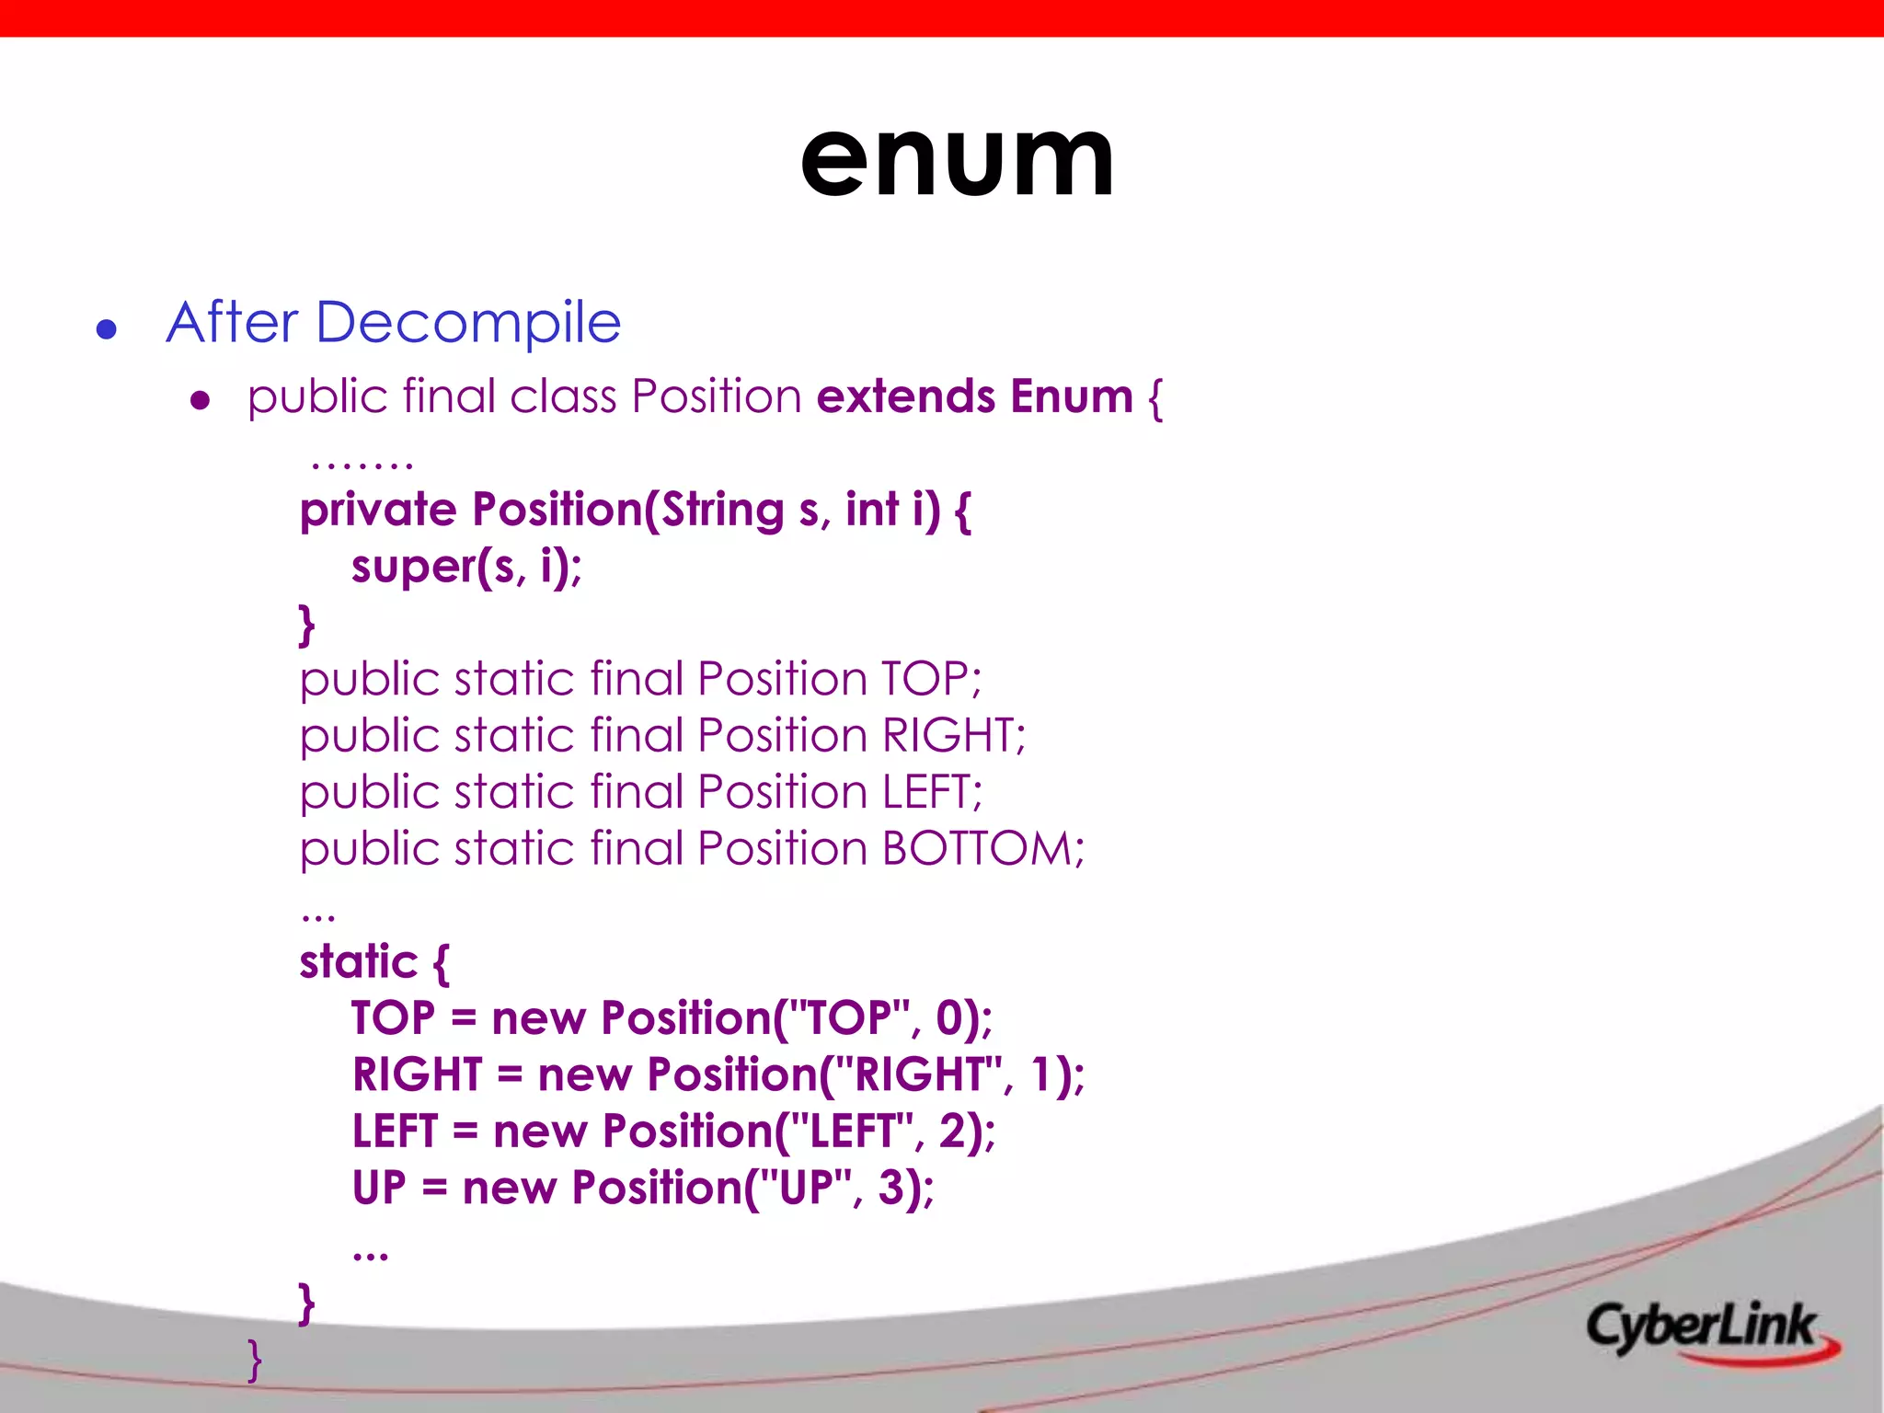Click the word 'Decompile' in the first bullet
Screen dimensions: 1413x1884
pyautogui.click(x=468, y=323)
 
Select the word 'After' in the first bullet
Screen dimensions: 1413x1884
pyautogui.click(x=233, y=323)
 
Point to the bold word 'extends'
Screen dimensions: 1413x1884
pyautogui.click(x=905, y=397)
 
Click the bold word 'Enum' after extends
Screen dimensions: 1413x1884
pyautogui.click(x=1071, y=397)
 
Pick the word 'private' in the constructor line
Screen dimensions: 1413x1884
pyautogui.click(x=378, y=511)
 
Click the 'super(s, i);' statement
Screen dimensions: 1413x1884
pyautogui.click(x=466, y=567)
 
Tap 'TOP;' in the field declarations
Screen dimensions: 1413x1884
pyautogui.click(x=931, y=680)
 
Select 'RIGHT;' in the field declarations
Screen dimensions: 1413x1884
pyautogui.click(x=953, y=736)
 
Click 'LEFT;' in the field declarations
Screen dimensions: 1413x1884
pyautogui.click(x=932, y=793)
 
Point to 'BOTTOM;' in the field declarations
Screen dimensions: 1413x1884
pyautogui.click(x=982, y=849)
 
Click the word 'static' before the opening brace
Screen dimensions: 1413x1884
pyautogui.click(x=359, y=962)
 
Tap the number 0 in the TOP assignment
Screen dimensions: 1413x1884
pyautogui.click(x=949, y=1018)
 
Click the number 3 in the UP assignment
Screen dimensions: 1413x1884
pyautogui.click(x=892, y=1188)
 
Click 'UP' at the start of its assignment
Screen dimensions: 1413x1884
pyautogui.click(x=379, y=1188)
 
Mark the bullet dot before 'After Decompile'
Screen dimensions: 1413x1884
pyautogui.click(x=107, y=329)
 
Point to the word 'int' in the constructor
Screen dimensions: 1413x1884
pyautogui.click(x=871, y=511)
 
